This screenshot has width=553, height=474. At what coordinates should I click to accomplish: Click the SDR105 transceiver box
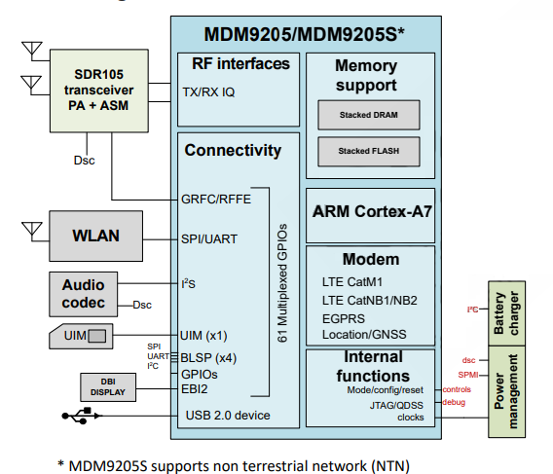[99, 91]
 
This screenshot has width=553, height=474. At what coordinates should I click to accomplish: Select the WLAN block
[96, 236]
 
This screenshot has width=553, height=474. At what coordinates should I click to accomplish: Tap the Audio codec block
[83, 294]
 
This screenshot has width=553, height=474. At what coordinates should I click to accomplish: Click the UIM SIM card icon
[81, 336]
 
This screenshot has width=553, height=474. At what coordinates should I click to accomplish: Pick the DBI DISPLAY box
[108, 387]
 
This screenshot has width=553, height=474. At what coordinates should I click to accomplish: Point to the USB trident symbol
[82, 416]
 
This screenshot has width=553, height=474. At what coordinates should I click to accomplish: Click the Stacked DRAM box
[369, 115]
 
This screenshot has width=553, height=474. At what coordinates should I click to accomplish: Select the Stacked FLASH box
[369, 151]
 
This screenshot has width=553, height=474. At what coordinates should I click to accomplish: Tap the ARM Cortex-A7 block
[370, 215]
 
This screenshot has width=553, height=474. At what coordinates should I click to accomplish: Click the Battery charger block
[506, 313]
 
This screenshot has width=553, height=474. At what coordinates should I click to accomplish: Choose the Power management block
[506, 391]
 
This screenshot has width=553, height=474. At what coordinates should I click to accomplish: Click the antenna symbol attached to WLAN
[32, 230]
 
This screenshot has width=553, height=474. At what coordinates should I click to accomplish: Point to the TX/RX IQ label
[208, 92]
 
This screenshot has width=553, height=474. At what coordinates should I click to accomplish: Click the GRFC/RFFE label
[216, 200]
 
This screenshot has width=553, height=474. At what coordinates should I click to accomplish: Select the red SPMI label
[468, 375]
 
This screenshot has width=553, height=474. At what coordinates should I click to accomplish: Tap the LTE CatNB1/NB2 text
[369, 301]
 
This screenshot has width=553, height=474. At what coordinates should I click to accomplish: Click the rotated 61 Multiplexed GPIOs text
[282, 283]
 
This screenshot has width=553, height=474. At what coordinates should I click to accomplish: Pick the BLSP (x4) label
[208, 358]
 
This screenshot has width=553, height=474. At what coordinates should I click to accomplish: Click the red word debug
[454, 402]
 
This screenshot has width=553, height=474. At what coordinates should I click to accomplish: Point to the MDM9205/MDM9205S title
[304, 34]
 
